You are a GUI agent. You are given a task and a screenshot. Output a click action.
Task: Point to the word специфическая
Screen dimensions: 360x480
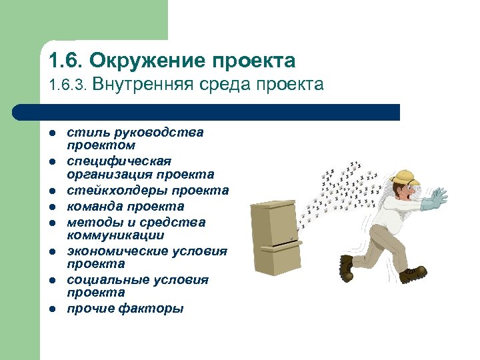click(x=119, y=161)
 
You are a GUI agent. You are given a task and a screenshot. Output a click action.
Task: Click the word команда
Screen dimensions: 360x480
click(x=97, y=207)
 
